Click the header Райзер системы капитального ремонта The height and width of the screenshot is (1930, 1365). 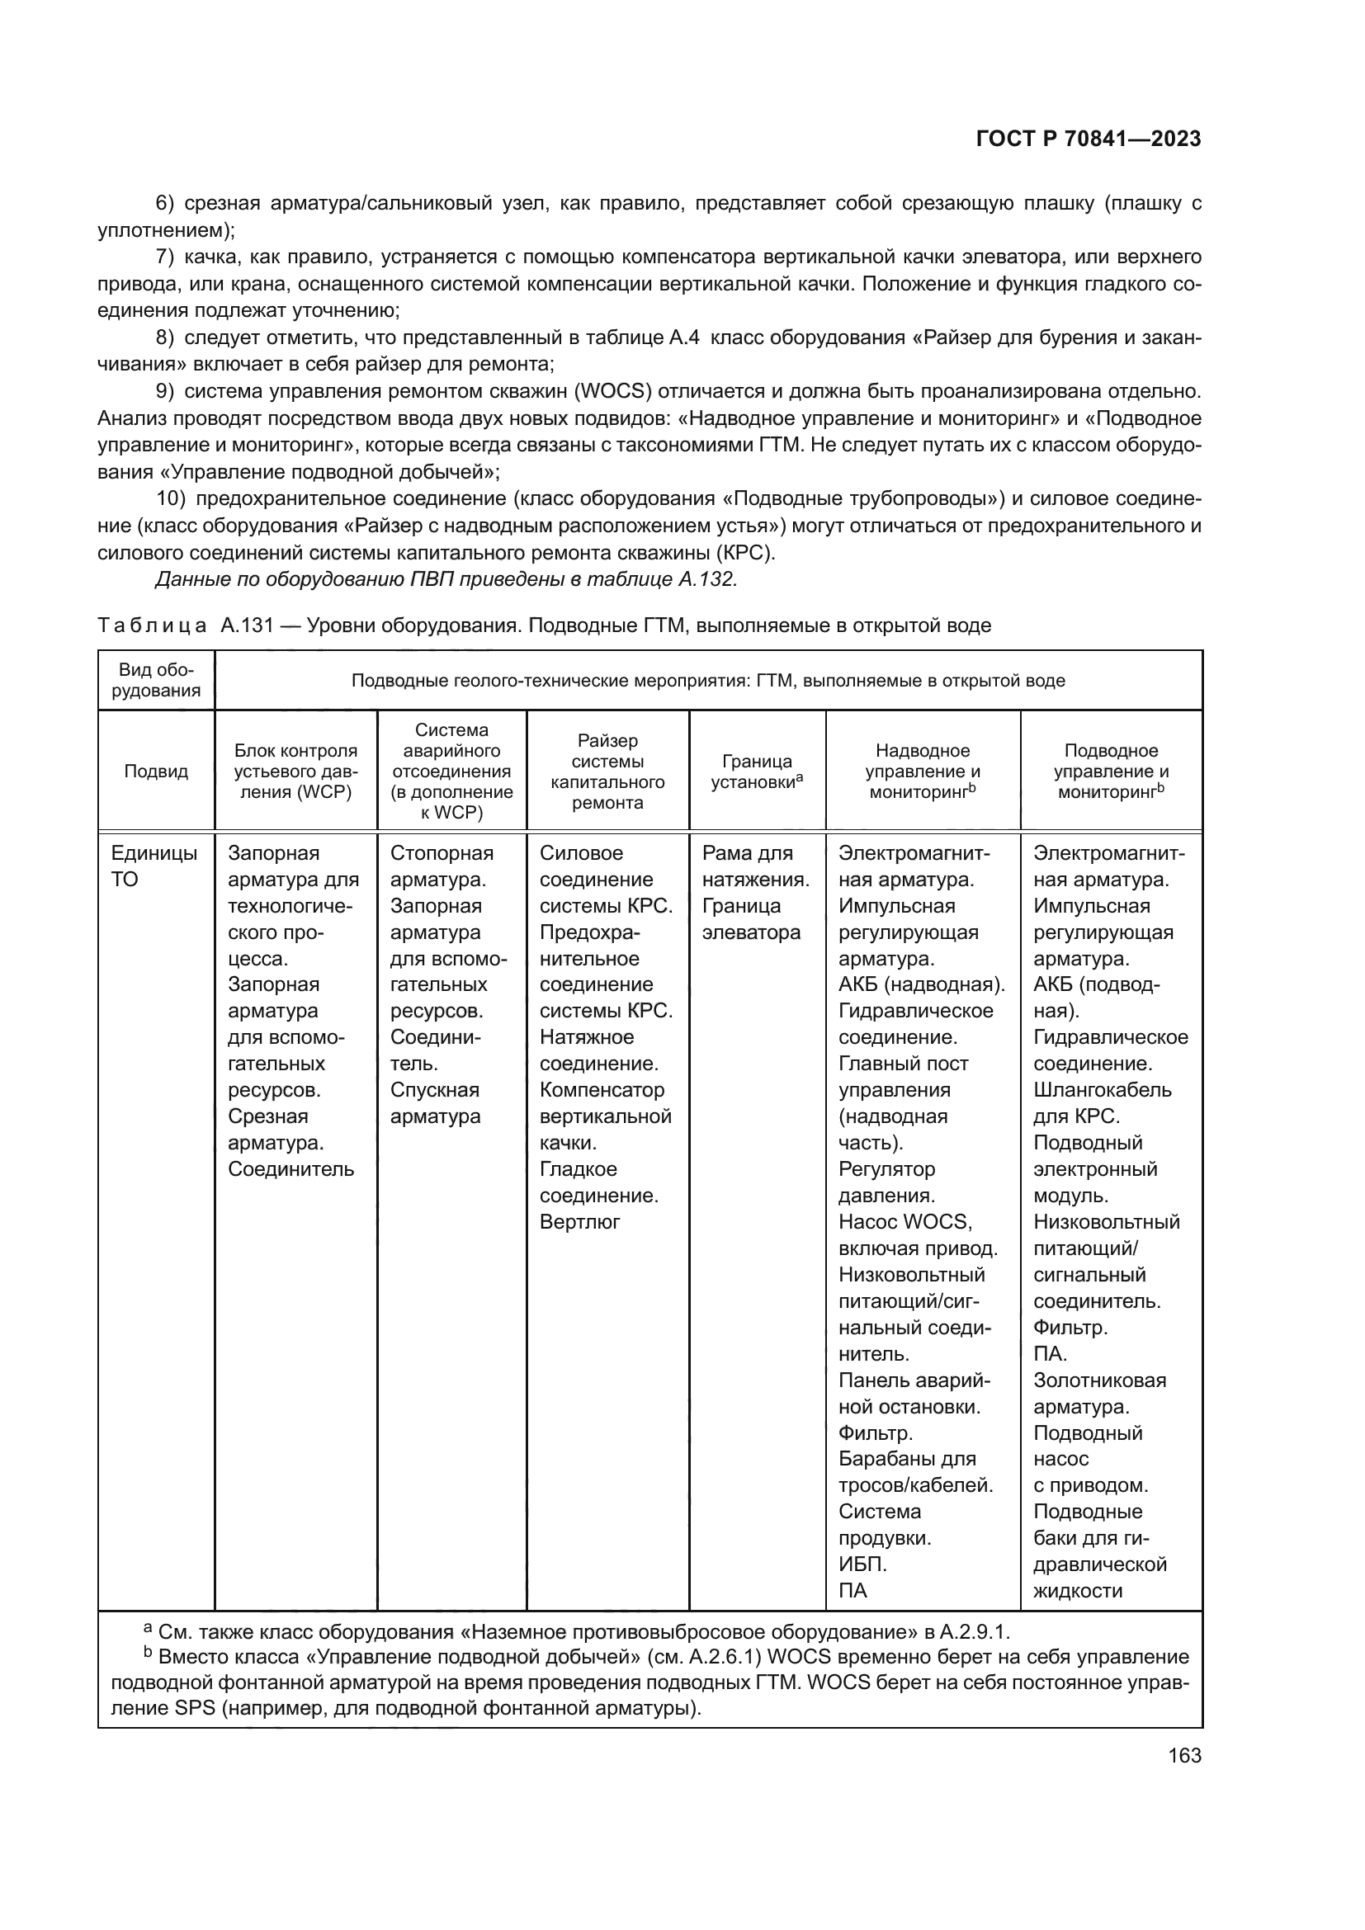607,771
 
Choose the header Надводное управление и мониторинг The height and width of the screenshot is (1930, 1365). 922,771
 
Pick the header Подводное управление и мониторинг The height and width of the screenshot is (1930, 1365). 1110,771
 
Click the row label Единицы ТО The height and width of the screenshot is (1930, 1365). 154,866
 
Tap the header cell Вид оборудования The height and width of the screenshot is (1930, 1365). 155,680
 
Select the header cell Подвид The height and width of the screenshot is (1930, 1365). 155,771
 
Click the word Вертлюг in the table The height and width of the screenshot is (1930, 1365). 579,1221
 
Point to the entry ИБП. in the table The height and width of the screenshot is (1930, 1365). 862,1564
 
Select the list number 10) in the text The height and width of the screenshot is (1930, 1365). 171,498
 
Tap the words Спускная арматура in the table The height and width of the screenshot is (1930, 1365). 435,1103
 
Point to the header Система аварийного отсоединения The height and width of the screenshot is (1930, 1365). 451,771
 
